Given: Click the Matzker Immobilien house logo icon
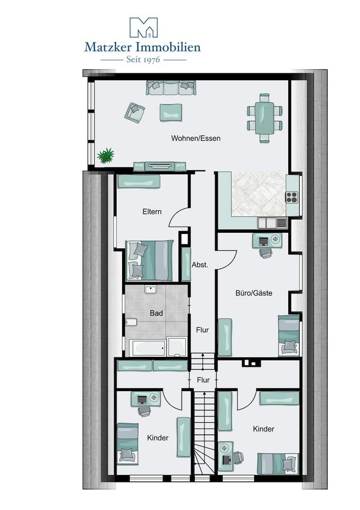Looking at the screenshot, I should [x=143, y=27].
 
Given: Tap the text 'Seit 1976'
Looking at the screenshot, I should [x=142, y=60].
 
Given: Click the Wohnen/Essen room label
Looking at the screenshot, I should [x=196, y=139].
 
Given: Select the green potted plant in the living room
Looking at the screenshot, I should [x=106, y=155].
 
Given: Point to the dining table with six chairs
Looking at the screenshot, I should [x=265, y=118].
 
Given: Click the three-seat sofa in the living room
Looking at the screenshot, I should [x=171, y=88].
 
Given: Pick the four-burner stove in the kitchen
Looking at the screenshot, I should [x=292, y=197].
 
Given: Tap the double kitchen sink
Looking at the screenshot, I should [x=272, y=222].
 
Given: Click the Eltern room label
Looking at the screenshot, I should [x=152, y=212].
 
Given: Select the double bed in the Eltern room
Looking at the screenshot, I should [x=150, y=261].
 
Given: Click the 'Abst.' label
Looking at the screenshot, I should [x=200, y=265].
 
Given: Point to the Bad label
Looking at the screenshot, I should [x=156, y=313].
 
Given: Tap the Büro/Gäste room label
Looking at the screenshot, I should [x=254, y=293].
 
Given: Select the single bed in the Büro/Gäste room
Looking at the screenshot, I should [x=289, y=335].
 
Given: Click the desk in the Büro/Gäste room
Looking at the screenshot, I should [x=267, y=240].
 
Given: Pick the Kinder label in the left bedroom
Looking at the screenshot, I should [x=158, y=438].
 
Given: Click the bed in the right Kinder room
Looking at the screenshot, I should [x=278, y=463].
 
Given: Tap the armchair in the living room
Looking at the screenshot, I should [x=135, y=113].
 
